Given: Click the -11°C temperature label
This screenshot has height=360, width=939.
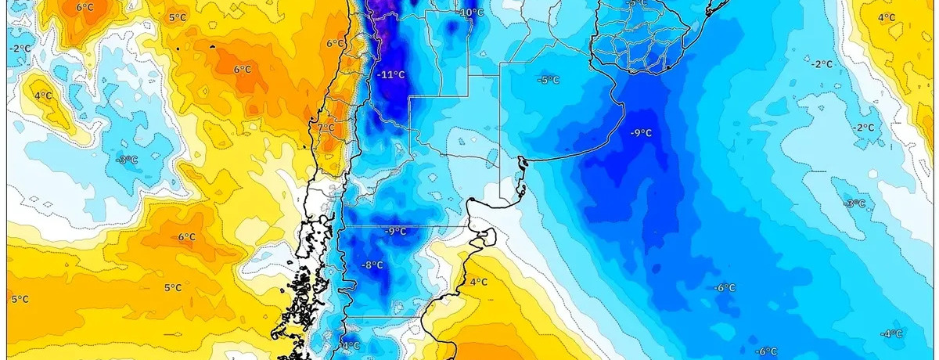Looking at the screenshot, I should coord(391,75).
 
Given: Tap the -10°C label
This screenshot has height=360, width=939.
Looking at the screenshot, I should coord(471,13).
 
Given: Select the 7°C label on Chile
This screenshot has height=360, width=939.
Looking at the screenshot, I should coord(326,128).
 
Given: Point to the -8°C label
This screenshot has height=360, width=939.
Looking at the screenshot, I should coord(372,265).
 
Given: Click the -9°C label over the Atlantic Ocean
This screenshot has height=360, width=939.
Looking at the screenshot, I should coord(641,133).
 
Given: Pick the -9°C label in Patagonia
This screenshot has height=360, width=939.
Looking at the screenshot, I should coord(396,231).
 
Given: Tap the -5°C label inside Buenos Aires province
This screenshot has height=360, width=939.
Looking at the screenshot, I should coord(548,79).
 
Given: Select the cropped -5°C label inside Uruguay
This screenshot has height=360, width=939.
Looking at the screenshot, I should coord(638,4).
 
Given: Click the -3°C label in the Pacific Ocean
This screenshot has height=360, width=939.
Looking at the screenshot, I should coord(128,160).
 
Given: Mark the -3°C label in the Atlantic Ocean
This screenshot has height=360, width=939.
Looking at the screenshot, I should coord(855,203).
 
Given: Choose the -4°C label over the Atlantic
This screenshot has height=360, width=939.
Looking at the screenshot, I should coord(891,334).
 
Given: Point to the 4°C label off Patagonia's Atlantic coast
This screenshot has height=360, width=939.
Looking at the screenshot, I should coord(479,282).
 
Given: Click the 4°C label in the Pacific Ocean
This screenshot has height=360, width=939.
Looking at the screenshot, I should coord(43,96).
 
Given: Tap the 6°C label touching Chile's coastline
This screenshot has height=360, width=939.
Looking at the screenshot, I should coord(335,44).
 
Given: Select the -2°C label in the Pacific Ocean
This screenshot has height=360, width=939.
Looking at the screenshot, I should coord(20,49).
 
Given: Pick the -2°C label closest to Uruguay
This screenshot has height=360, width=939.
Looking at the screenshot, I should coord(822,64).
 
